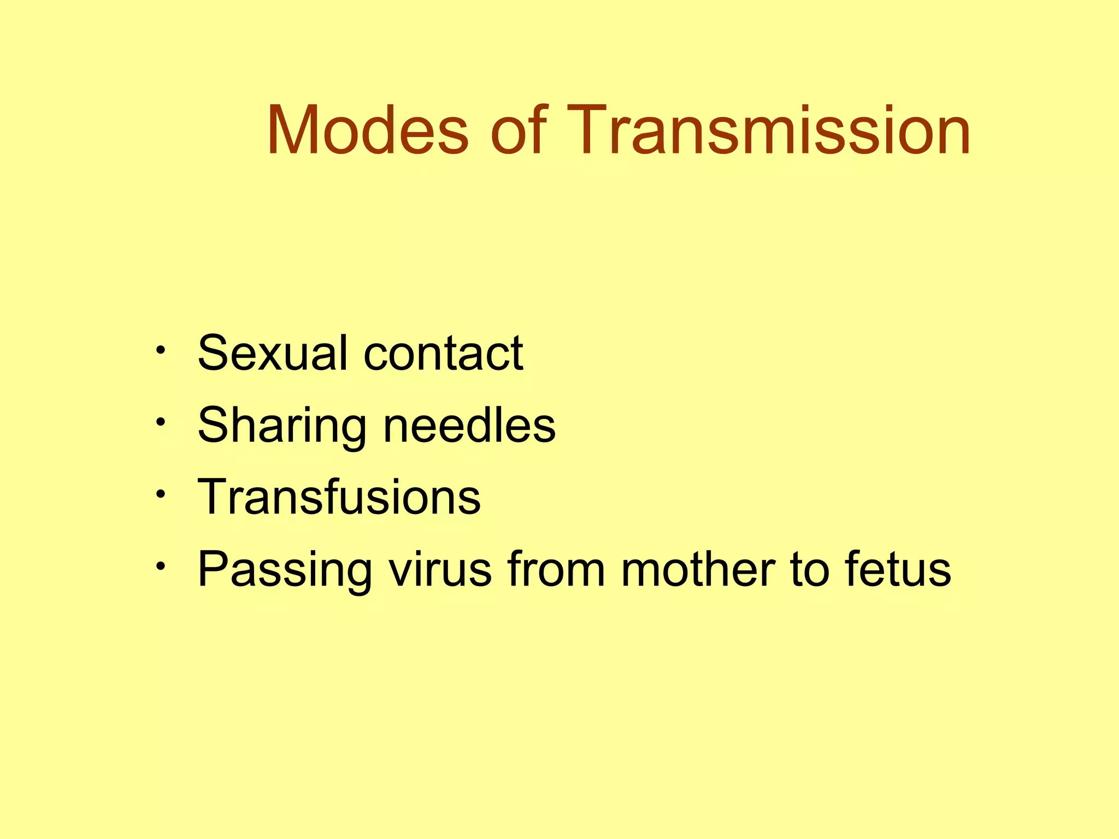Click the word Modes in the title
368,131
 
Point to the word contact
443,354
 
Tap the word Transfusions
339,497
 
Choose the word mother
698,569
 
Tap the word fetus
898,569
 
